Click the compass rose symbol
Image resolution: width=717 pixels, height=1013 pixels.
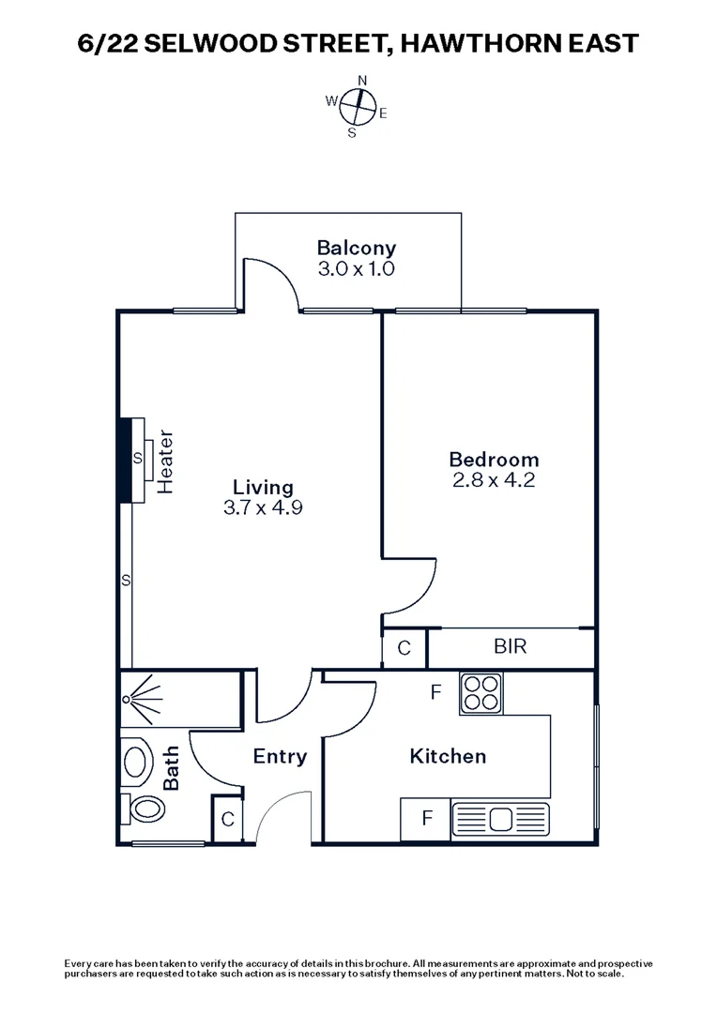point(357,105)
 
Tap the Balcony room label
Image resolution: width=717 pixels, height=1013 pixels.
point(356,249)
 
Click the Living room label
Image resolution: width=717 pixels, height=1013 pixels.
point(263,488)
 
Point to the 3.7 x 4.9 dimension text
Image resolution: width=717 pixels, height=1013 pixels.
point(263,508)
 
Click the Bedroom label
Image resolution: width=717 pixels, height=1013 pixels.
point(494,460)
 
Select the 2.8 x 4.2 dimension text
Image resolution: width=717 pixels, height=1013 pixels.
point(494,480)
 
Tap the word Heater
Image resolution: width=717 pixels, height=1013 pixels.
point(167,462)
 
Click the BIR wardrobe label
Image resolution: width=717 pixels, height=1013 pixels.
point(511,646)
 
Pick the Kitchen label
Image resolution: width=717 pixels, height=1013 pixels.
point(448,756)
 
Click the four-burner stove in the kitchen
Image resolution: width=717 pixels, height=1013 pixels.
point(482,695)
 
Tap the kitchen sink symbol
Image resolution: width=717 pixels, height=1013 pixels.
point(497,819)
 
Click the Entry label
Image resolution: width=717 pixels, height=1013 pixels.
point(280,757)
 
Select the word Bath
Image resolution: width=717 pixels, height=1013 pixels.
point(172,772)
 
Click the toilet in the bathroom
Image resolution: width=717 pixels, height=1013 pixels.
point(143,809)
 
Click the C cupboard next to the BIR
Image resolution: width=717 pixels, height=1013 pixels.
point(404,648)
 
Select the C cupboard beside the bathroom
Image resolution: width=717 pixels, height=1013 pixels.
point(227,819)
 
